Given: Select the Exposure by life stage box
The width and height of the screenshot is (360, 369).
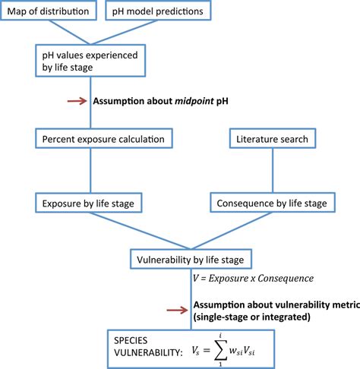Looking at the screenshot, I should [90, 203].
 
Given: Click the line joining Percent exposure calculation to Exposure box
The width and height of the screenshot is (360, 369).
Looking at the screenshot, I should [90, 171].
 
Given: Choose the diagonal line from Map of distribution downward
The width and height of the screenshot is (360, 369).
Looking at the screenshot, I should [72, 33].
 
